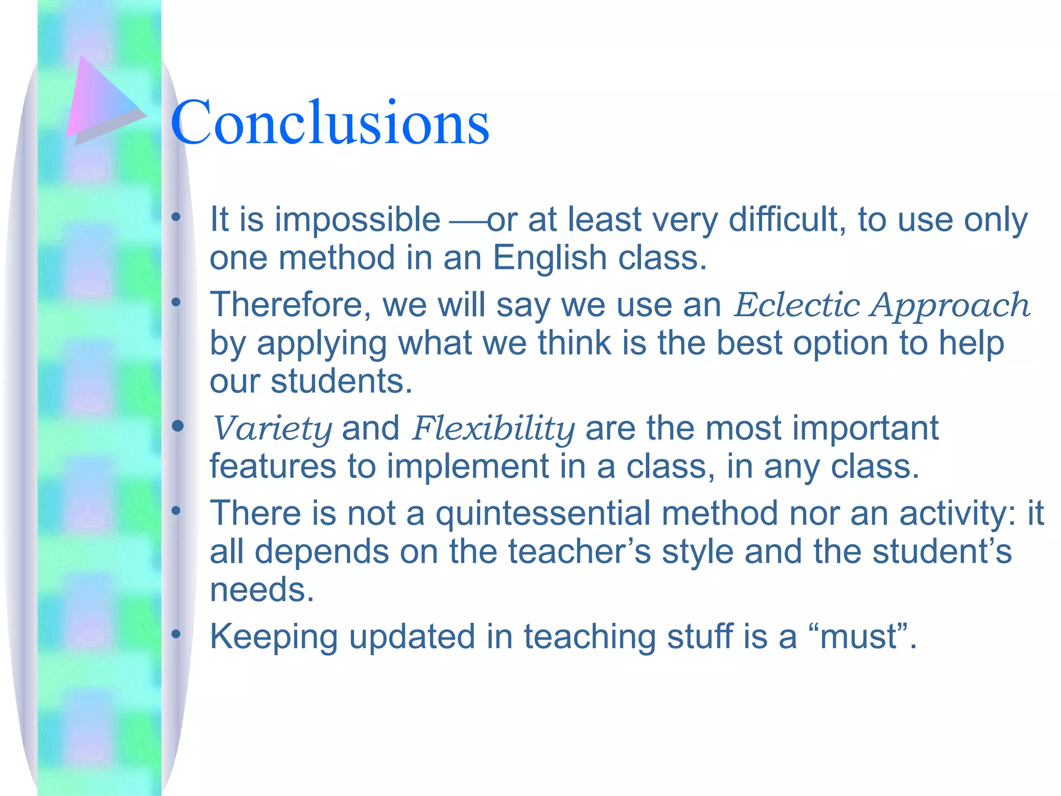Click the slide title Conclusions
tap(329, 123)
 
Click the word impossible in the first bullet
tap(357, 220)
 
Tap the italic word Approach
tap(950, 306)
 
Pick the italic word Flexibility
tap(493, 429)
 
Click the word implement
tap(468, 466)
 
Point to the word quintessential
tap(543, 514)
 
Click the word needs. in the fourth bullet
tap(262, 590)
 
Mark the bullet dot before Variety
tap(178, 426)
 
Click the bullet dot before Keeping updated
tap(176, 634)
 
